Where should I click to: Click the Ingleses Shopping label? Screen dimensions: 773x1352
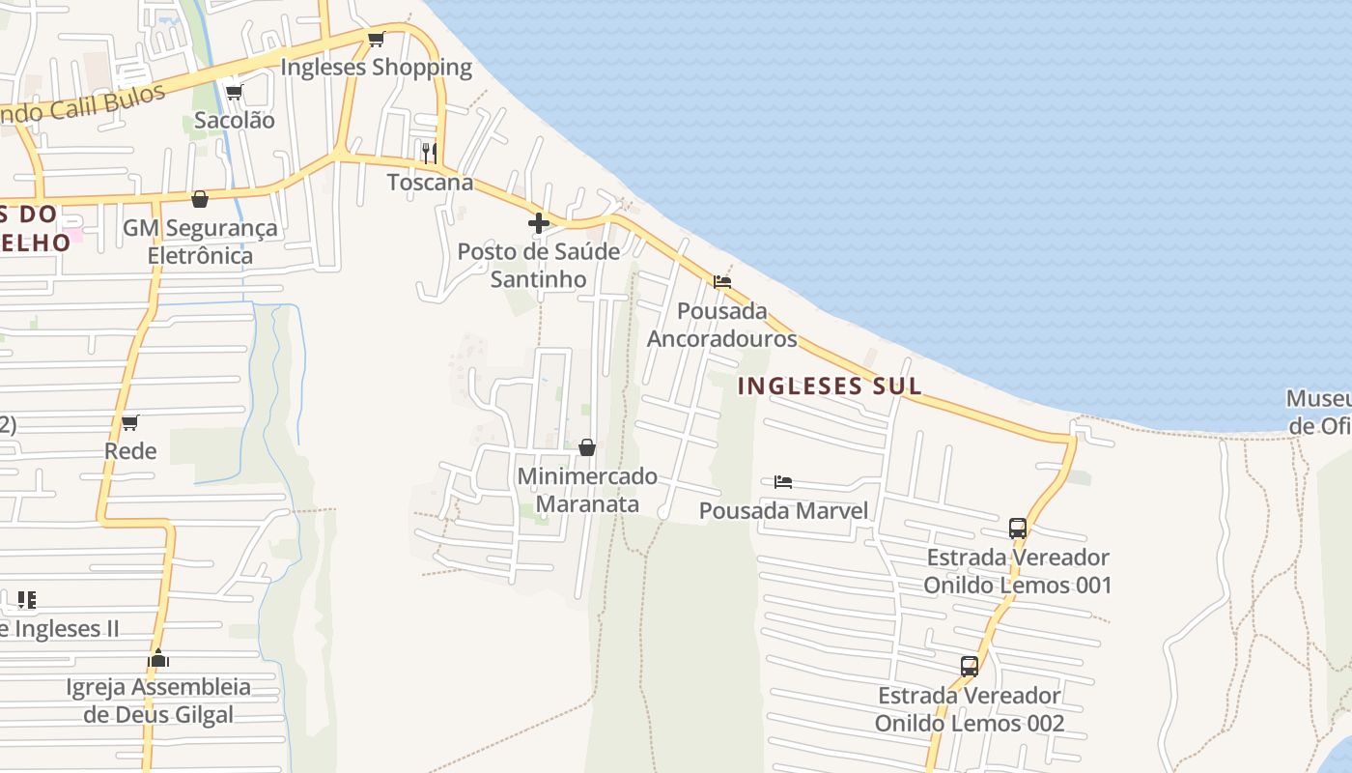(x=376, y=68)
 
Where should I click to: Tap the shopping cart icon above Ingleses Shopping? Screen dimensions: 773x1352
(x=376, y=40)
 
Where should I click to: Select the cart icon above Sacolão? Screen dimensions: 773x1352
(x=234, y=93)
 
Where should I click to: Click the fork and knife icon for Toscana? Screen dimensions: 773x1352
(x=430, y=153)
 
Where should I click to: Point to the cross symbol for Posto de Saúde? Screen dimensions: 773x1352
(x=539, y=223)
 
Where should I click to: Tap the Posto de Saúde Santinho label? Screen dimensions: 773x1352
(x=538, y=265)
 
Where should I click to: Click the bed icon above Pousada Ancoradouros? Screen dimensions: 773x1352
(x=721, y=282)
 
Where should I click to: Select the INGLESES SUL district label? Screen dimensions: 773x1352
(x=830, y=386)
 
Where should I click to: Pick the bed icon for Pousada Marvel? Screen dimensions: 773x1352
(x=783, y=481)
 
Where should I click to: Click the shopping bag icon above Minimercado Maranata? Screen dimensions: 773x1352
(x=586, y=447)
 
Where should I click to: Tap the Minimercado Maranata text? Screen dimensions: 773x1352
(x=587, y=490)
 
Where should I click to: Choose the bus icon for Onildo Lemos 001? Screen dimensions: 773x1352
(x=1018, y=529)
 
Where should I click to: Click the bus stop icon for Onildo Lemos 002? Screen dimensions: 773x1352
(x=970, y=666)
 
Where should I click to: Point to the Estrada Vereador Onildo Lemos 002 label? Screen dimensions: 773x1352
(x=970, y=709)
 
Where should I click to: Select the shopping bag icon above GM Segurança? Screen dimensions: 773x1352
(x=200, y=199)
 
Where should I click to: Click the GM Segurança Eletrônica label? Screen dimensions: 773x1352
(x=200, y=242)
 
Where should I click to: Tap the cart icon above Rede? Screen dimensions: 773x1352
(x=130, y=423)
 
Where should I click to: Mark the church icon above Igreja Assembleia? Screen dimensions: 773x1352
(x=158, y=659)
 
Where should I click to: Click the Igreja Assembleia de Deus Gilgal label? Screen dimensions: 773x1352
(x=158, y=701)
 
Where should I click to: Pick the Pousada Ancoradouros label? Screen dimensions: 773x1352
(x=721, y=325)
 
